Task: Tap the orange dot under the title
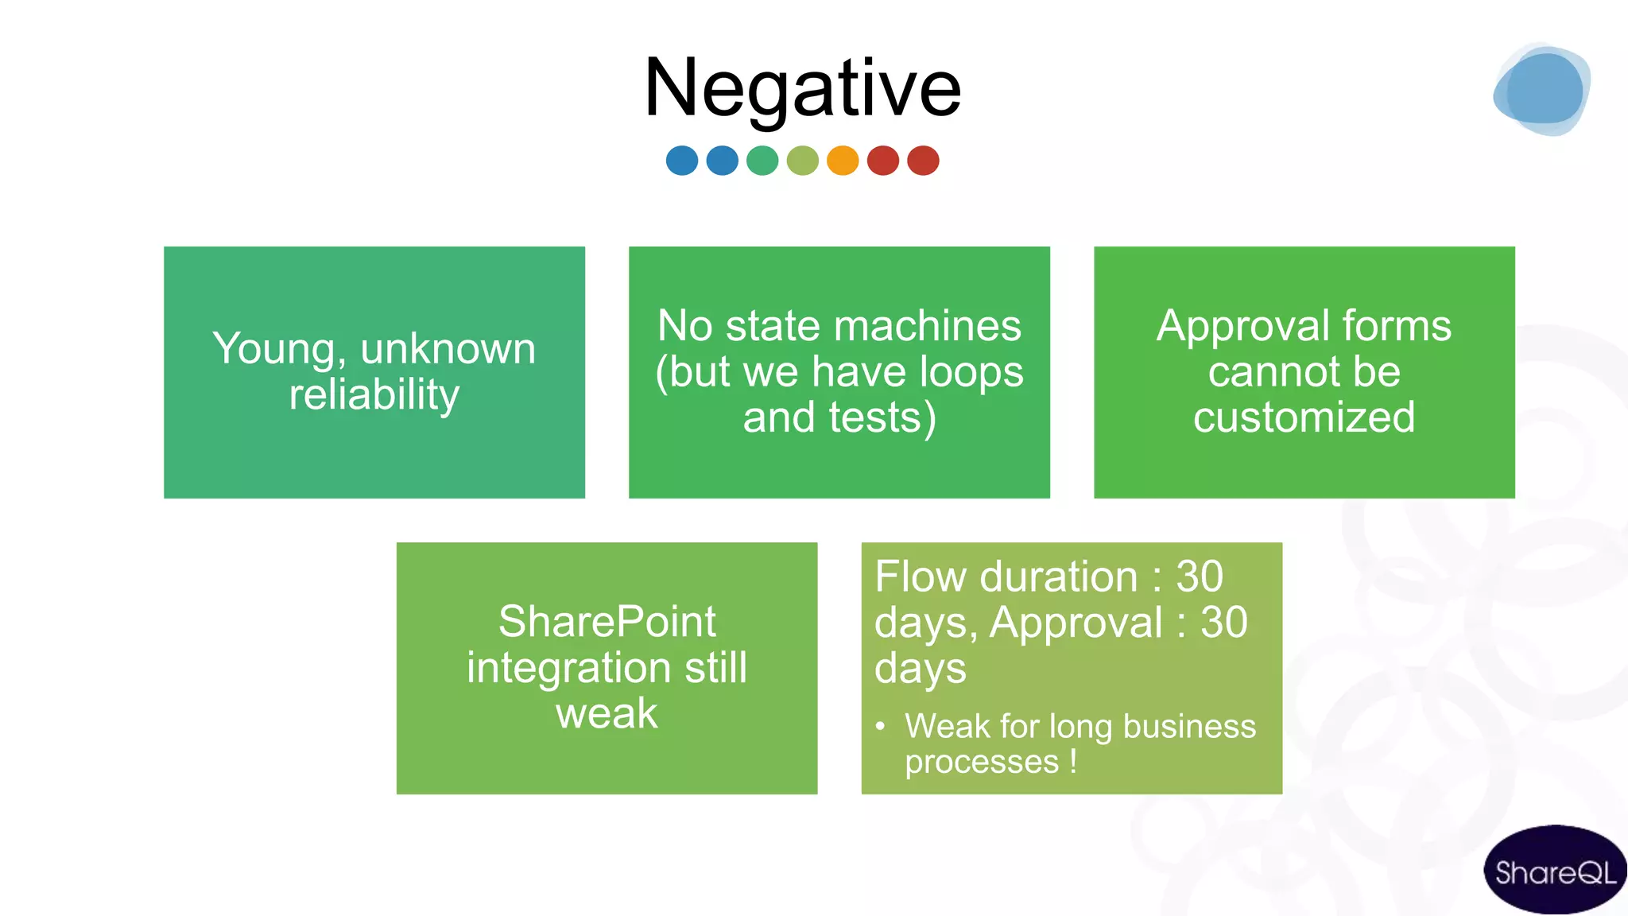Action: [843, 161]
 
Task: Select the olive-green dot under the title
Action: [803, 161]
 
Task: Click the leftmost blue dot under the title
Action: [682, 161]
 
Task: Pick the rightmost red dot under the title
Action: [923, 161]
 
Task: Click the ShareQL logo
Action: [1555, 871]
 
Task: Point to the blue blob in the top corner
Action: [1542, 90]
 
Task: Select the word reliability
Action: [374, 395]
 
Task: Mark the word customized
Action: [1304, 417]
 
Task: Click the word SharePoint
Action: [607, 622]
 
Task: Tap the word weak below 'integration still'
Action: [607, 713]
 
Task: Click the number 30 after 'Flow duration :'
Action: [1199, 576]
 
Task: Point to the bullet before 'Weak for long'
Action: [880, 726]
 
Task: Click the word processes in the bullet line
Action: [982, 762]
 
